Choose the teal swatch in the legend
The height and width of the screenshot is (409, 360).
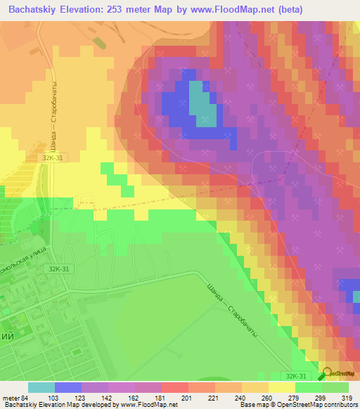click(x=41, y=387)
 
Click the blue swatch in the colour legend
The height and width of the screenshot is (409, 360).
click(x=67, y=387)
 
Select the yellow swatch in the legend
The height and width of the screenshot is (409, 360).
click(x=281, y=387)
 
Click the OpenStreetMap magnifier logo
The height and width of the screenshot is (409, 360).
click(x=328, y=375)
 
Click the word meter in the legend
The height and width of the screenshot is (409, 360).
click(x=8, y=397)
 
